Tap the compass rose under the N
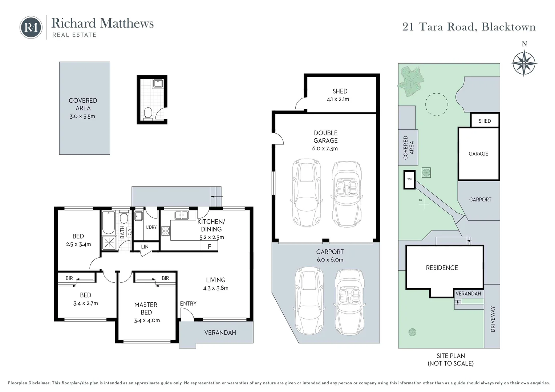point(524,63)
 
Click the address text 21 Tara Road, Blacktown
point(469,27)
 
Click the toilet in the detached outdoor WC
point(148,113)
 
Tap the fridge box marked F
point(209,246)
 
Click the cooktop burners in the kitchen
point(165,230)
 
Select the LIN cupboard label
point(145,246)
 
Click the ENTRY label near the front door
point(188,303)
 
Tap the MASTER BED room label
point(146,309)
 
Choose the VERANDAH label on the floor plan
point(220,332)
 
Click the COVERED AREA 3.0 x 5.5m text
point(83,108)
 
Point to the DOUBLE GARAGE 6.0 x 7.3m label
point(325,140)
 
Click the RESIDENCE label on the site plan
point(442,268)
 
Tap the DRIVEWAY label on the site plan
point(493,319)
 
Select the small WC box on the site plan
point(409,180)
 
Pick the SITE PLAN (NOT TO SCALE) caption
point(450,359)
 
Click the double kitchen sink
point(181,215)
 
